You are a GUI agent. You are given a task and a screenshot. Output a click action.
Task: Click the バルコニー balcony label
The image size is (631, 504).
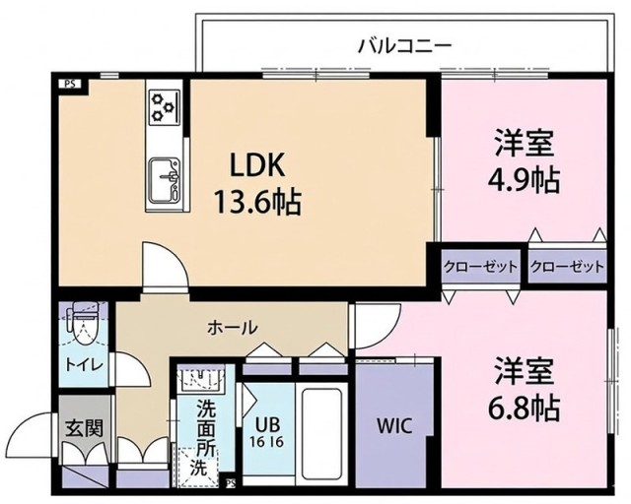[x=403, y=44]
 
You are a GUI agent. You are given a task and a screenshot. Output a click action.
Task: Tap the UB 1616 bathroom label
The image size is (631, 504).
[x=268, y=432]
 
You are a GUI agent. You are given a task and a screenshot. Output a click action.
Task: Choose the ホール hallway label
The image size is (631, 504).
[x=233, y=327]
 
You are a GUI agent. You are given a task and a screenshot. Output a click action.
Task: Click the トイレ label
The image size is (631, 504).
[x=81, y=364]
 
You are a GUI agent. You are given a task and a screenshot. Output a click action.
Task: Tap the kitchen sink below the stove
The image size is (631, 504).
[x=165, y=177]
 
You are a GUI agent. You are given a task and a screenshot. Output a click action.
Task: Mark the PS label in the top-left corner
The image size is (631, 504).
[x=70, y=83]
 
